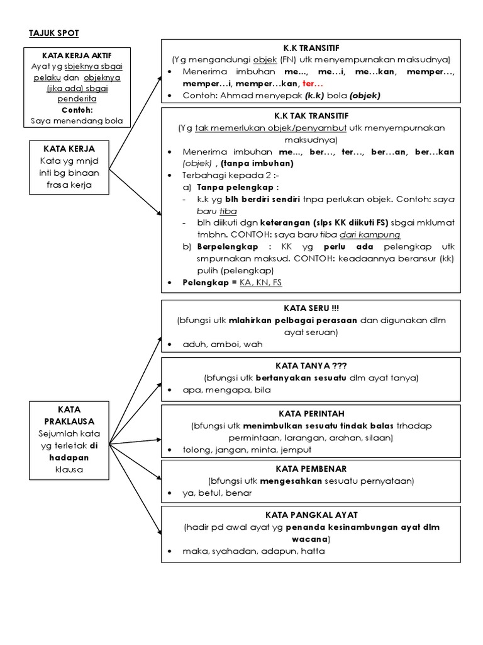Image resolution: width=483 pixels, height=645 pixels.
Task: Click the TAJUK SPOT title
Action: click(54, 33)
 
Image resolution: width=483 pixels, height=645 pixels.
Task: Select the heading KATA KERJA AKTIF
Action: click(77, 55)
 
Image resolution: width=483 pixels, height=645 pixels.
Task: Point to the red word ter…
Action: click(313, 83)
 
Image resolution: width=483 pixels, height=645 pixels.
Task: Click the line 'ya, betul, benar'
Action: click(217, 493)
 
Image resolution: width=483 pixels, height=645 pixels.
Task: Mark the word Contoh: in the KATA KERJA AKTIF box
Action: click(77, 110)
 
